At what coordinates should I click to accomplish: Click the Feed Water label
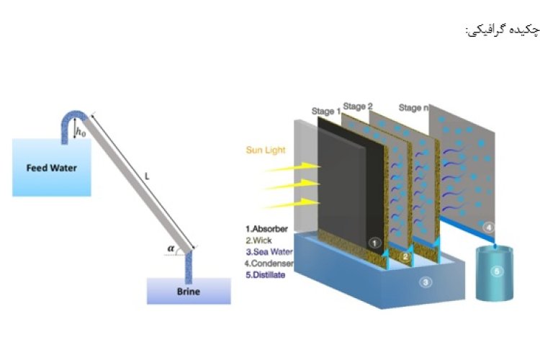(x=52, y=168)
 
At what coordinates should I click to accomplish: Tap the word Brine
(x=189, y=292)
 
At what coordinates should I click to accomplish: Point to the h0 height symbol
(x=81, y=132)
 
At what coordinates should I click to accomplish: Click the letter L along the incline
(x=147, y=176)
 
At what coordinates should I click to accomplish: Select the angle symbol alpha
(x=171, y=248)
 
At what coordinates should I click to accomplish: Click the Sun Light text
(x=266, y=150)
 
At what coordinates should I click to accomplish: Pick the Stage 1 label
(x=325, y=112)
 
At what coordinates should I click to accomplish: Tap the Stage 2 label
(x=358, y=107)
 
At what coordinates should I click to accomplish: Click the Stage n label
(x=413, y=108)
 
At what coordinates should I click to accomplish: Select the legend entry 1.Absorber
(x=266, y=229)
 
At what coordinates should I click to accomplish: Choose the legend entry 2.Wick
(x=258, y=240)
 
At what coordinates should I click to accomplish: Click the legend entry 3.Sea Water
(x=269, y=252)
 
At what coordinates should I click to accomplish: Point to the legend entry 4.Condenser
(x=269, y=264)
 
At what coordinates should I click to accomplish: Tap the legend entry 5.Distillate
(x=265, y=275)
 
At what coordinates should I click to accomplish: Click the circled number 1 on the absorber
(x=374, y=243)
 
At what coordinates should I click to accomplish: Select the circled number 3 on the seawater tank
(x=426, y=282)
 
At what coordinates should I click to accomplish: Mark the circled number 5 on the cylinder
(x=497, y=271)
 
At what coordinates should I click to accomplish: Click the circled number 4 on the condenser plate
(x=488, y=228)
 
